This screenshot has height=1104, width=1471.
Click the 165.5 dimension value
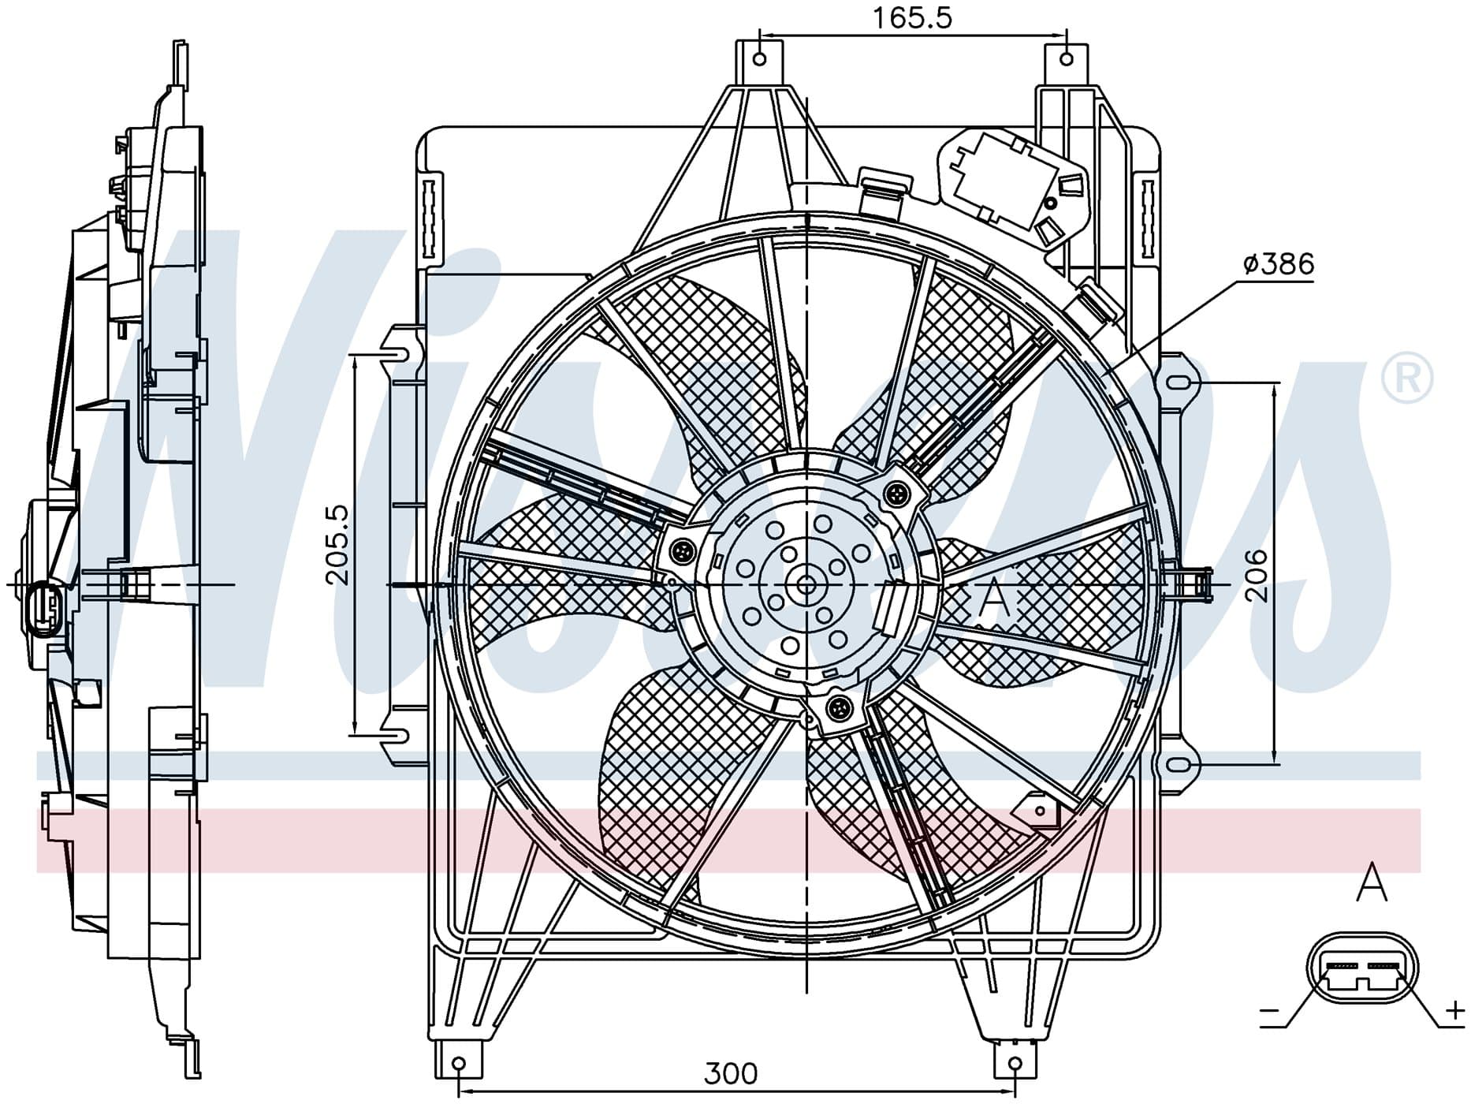(912, 17)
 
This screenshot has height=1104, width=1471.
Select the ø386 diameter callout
(1279, 264)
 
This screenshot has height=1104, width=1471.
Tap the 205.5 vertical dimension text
(337, 545)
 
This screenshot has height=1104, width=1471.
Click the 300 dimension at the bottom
(731, 1074)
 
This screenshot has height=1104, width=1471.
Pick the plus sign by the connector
(1454, 1010)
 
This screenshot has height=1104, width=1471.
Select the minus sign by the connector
(1270, 1011)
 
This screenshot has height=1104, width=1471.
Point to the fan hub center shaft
(806, 585)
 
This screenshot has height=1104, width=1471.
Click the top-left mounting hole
(760, 59)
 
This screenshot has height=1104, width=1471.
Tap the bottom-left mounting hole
(460, 1065)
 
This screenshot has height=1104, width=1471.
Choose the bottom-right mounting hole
(1016, 1065)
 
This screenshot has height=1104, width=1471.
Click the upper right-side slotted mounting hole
(1179, 383)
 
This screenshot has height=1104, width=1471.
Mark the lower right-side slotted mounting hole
(1179, 765)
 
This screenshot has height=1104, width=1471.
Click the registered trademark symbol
(1407, 379)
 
